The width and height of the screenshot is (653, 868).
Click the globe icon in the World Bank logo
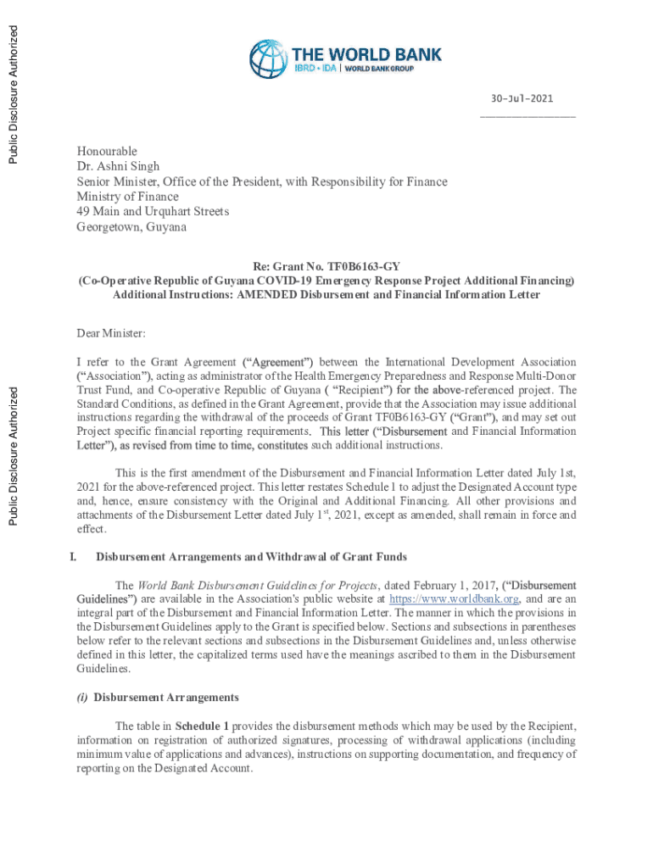click(268, 59)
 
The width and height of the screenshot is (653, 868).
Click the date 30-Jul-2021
click(527, 100)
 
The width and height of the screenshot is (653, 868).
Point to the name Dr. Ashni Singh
click(118, 167)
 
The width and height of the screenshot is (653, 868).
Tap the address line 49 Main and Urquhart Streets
click(153, 212)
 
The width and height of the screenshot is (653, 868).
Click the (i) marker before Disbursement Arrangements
click(83, 698)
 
